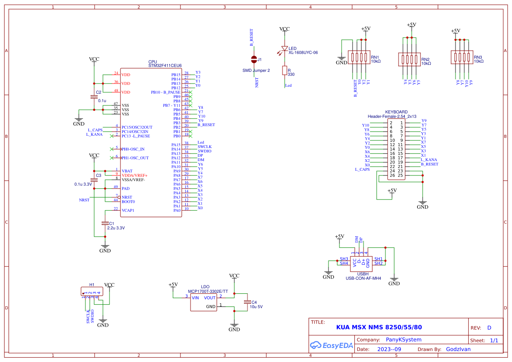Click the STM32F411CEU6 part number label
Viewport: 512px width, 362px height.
tap(165, 66)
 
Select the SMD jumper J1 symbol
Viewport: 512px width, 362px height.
tap(254, 60)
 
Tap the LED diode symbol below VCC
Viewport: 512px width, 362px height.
tap(284, 49)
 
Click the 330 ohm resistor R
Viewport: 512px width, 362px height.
tap(284, 71)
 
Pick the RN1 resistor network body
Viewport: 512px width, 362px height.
tap(359, 57)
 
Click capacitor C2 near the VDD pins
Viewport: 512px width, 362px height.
tap(93, 96)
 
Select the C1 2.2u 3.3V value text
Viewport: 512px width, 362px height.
tap(116, 228)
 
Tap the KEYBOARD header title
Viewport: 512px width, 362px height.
tap(396, 112)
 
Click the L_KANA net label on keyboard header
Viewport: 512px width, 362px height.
tap(429, 160)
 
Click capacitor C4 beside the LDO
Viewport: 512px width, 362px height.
tap(247, 302)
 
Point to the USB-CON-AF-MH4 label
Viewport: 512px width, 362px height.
tap(363, 278)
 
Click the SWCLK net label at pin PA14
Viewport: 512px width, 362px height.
tap(205, 147)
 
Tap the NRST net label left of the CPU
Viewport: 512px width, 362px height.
tap(84, 200)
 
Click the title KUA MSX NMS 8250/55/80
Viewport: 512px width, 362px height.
tap(379, 327)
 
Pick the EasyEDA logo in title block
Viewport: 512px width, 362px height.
tap(331, 345)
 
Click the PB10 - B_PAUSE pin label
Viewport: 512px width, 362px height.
tap(166, 92)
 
